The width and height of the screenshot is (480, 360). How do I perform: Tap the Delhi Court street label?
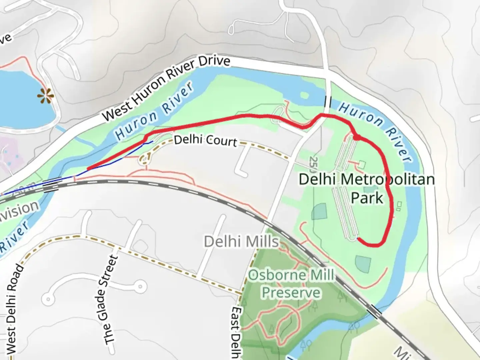(x=205, y=140)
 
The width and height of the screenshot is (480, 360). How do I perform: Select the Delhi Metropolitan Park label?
(x=367, y=188)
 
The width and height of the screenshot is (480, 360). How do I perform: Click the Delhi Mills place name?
(x=241, y=241)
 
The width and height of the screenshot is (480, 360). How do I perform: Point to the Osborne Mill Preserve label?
(x=291, y=284)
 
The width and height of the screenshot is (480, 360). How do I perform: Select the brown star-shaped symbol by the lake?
(x=46, y=96)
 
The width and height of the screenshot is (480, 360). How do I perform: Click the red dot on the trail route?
(x=356, y=137)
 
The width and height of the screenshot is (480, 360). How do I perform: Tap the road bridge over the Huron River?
(x=328, y=101)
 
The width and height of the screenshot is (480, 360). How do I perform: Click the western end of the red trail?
(x=88, y=169)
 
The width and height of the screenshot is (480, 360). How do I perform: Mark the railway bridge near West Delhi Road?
(x=51, y=185)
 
